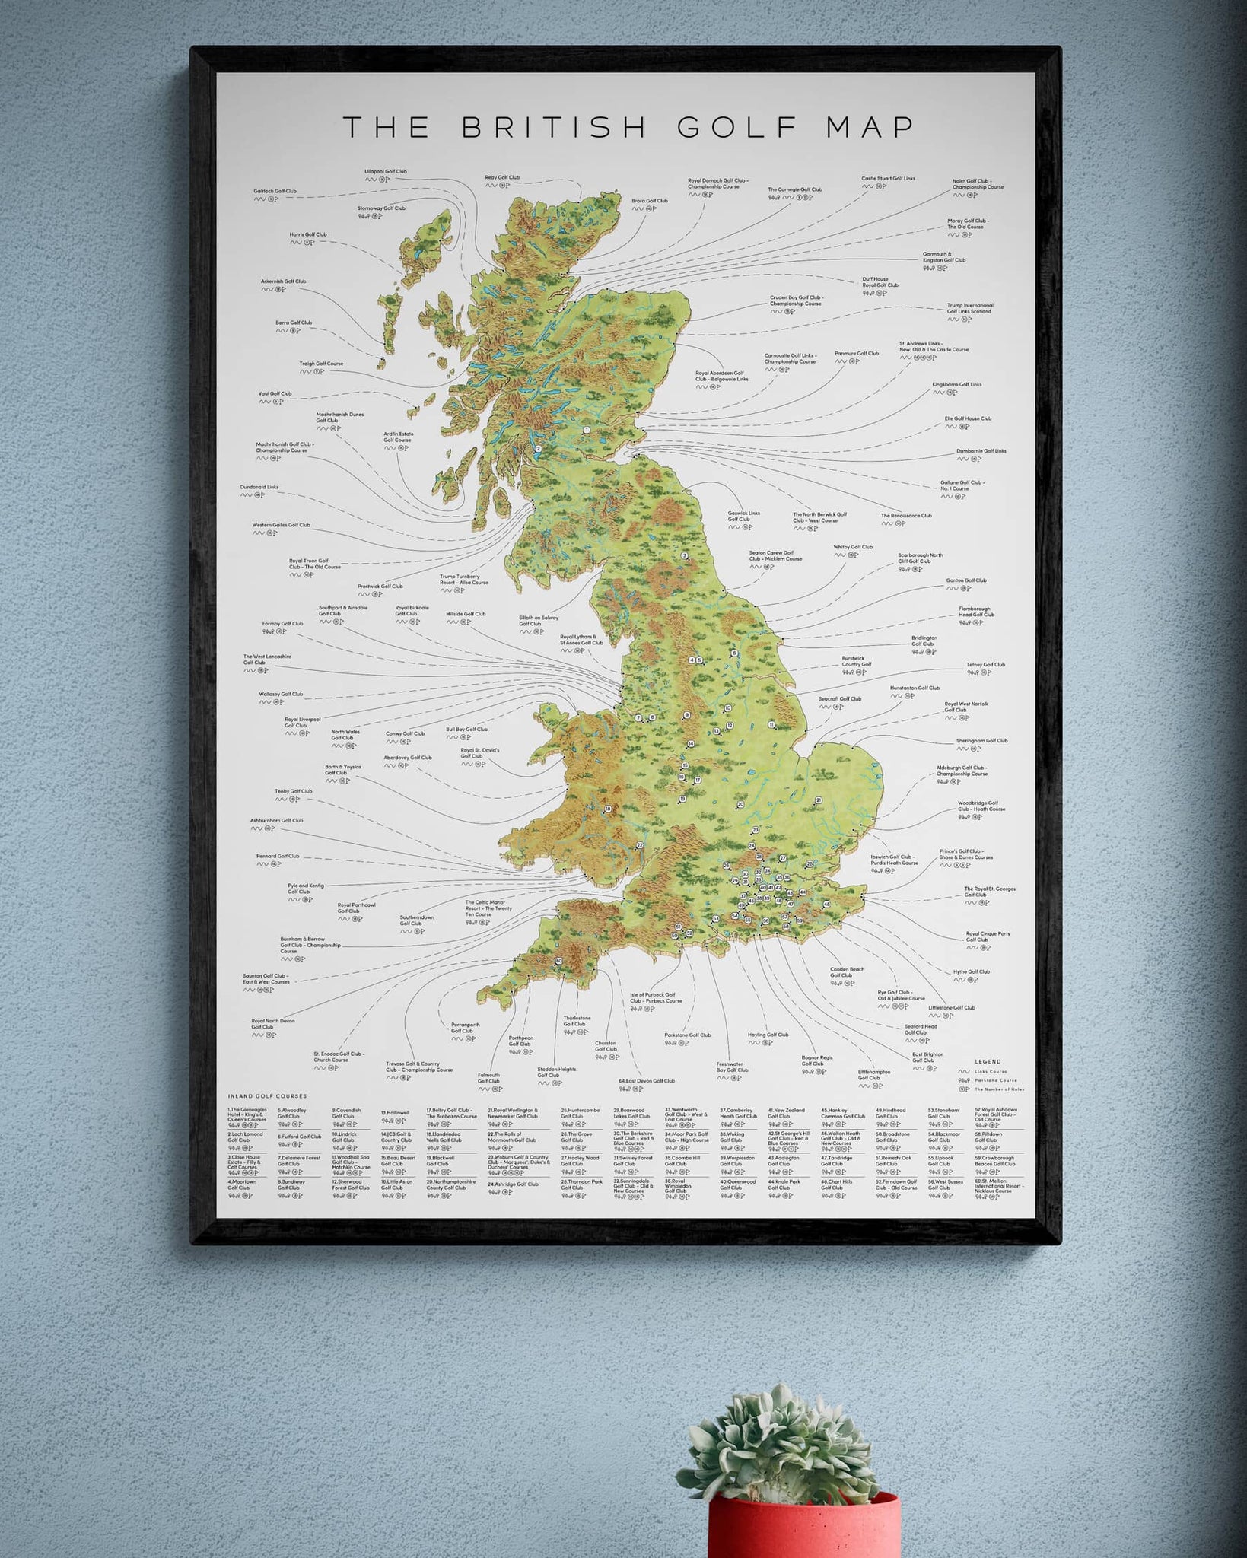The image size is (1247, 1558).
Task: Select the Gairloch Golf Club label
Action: [275, 192]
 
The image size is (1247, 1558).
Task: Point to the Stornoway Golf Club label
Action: [381, 208]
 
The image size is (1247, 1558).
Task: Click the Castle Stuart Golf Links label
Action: [888, 179]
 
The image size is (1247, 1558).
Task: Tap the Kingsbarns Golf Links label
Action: [956, 385]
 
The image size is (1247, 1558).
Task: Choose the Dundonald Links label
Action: [259, 487]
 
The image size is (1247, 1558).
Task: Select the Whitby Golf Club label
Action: [852, 547]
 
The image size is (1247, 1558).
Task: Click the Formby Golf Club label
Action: [282, 624]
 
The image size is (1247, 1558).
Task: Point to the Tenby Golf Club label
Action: [293, 792]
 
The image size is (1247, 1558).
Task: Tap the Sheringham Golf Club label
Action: [981, 741]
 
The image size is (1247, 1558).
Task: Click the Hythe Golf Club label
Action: [971, 971]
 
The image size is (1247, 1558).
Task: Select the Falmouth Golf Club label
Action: [488, 1078]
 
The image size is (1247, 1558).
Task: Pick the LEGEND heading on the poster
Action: [988, 1062]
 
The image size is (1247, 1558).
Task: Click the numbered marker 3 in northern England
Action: [684, 556]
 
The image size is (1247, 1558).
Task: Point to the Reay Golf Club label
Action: [502, 178]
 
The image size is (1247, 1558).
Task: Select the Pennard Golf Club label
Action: [278, 857]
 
